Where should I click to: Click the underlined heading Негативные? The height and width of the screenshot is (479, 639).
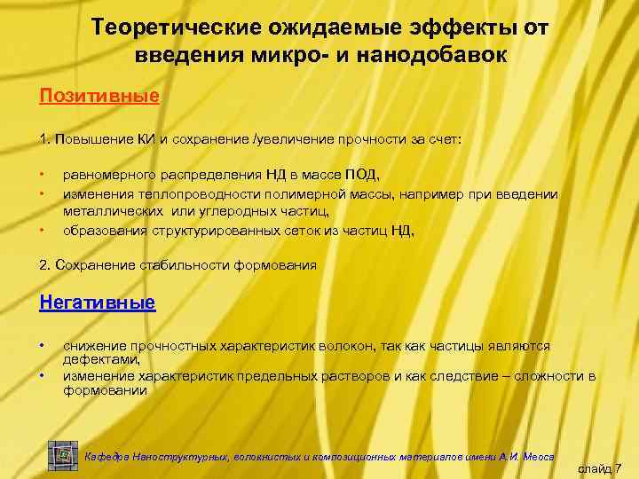point(98,302)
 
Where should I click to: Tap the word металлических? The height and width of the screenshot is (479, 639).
point(114,211)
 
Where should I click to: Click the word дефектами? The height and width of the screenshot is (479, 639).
point(101,360)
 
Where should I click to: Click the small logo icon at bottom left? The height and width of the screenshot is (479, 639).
point(63,454)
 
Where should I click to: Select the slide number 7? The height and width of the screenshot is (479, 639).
point(618,467)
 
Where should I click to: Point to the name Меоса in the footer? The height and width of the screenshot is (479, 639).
point(538,456)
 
